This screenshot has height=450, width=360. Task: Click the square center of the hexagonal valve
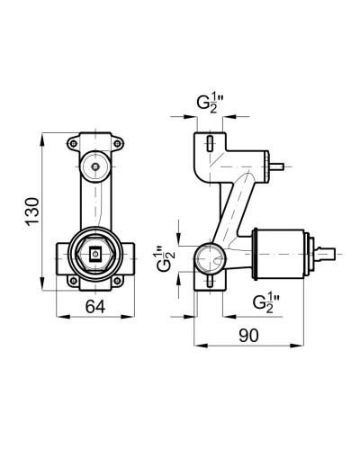click(94, 255)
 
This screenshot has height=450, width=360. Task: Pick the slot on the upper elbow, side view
click(207, 144)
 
